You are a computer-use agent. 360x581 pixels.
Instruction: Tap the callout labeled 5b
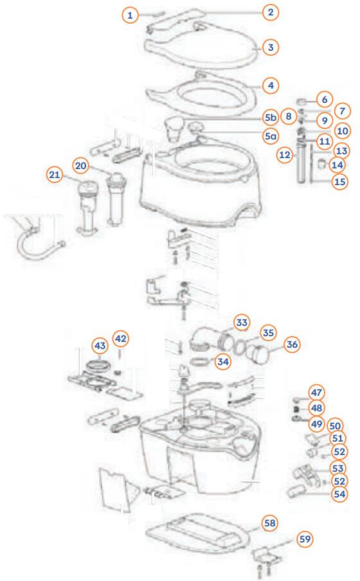pos(271,118)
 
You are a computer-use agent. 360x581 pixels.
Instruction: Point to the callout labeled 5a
pos(271,136)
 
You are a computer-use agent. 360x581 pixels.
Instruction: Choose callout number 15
pos(340,182)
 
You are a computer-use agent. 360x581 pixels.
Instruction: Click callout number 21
pos(55,174)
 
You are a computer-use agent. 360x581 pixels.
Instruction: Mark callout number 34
pos(223,362)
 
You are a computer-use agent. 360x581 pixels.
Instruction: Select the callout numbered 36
pos(292,344)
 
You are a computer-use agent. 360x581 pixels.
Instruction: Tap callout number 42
pos(121,338)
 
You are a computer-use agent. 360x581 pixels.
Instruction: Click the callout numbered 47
pos(317,392)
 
